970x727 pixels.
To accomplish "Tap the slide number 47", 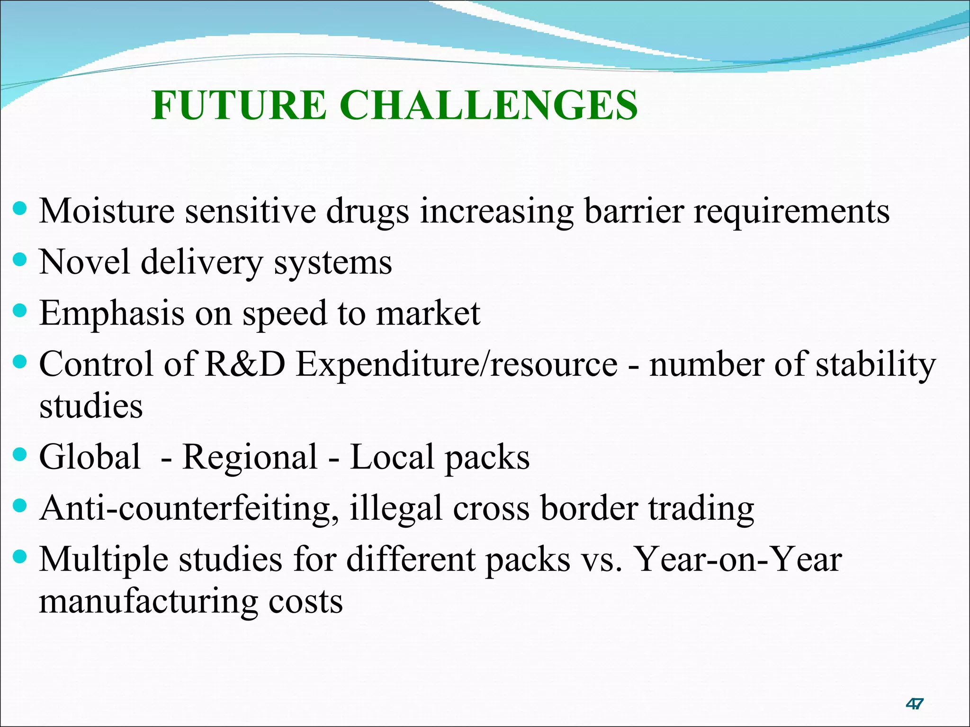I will point(914,704).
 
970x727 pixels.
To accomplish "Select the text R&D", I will point(245,364).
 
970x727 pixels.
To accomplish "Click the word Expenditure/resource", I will point(457,365).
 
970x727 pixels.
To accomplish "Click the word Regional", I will point(250,458).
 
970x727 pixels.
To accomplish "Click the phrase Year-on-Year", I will point(737,559).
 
